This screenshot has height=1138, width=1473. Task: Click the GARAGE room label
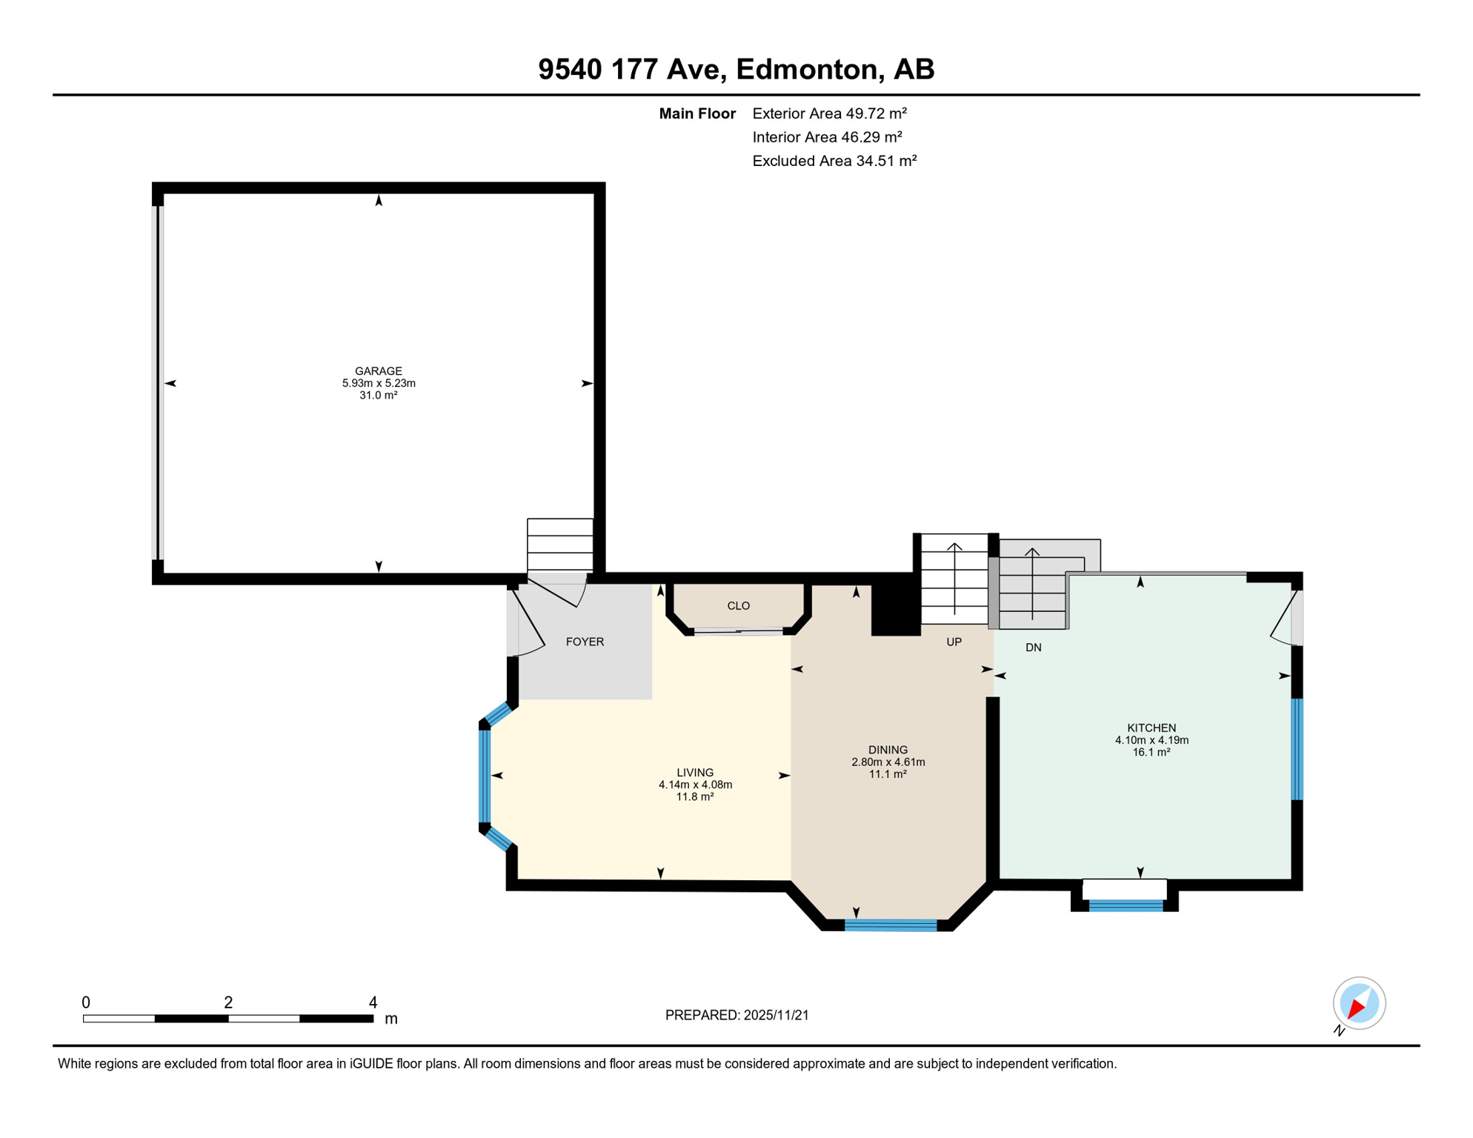point(378,371)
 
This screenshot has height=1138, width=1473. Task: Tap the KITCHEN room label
point(1151,728)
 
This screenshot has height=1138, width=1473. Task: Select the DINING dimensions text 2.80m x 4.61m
point(888,762)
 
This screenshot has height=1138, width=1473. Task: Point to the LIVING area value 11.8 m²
point(694,796)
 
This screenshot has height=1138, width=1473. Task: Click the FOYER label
point(585,642)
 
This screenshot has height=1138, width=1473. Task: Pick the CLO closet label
point(738,605)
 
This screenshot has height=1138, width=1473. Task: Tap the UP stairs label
point(954,642)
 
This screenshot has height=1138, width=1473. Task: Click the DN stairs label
point(1033,648)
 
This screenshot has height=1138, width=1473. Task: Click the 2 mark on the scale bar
point(228,1002)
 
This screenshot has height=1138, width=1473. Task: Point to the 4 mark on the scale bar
point(373,1002)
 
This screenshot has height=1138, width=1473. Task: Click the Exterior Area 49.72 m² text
point(829,113)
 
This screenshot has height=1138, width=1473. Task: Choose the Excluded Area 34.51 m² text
point(834,161)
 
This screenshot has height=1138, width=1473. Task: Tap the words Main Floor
point(696,113)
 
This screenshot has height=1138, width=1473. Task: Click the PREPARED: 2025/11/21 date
point(736,1015)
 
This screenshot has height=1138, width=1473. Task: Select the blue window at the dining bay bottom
point(891,925)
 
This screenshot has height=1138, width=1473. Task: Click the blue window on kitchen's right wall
point(1297,749)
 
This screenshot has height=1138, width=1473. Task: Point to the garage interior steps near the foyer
point(559,545)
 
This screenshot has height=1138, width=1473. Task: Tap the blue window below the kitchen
point(1125,905)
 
